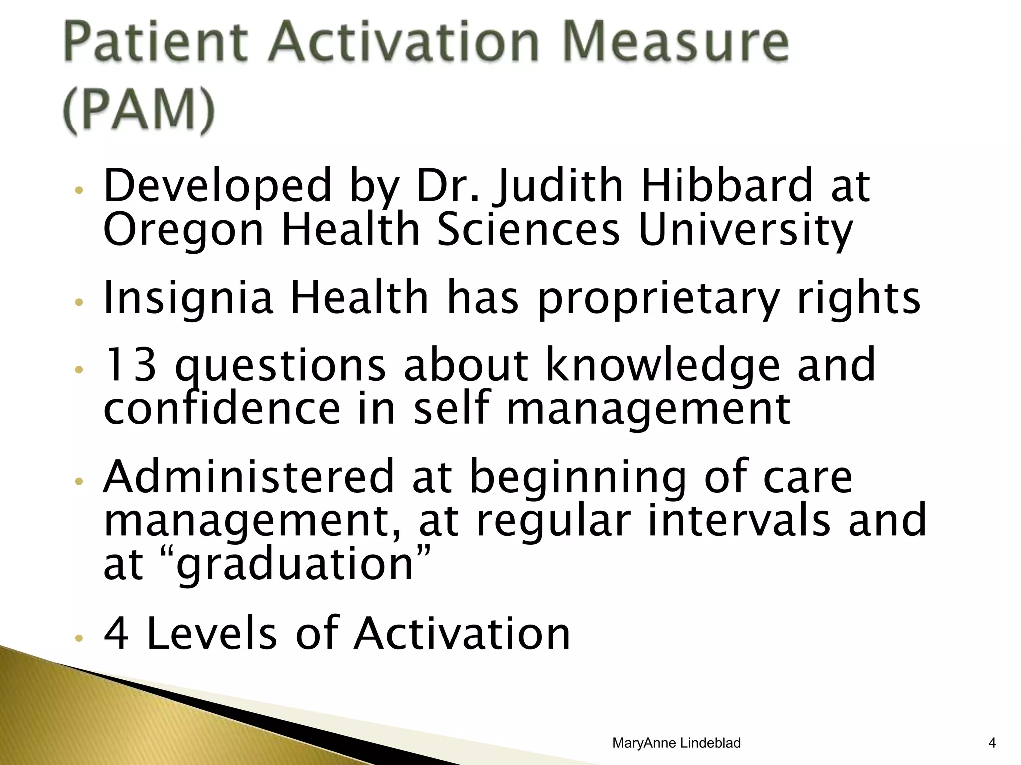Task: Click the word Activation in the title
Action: click(404, 42)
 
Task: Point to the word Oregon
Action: click(182, 231)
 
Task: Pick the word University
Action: click(745, 231)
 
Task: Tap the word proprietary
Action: click(658, 298)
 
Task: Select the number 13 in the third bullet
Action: click(131, 365)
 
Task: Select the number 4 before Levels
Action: click(116, 634)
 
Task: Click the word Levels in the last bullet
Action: click(211, 634)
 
